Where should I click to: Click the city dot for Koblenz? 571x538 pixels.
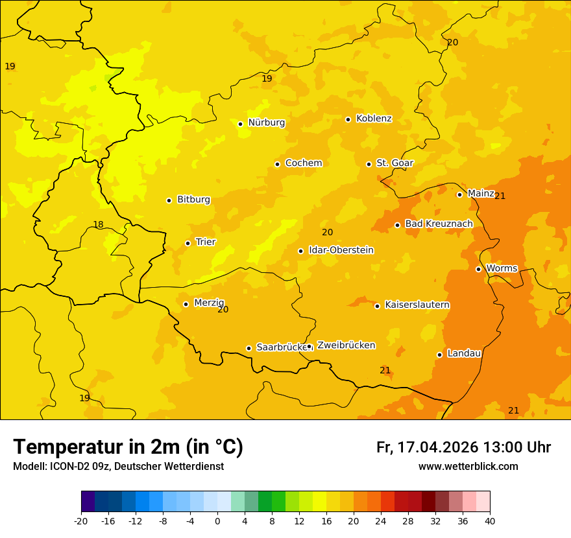tap(348, 119)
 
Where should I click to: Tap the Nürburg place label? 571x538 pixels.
tap(266, 123)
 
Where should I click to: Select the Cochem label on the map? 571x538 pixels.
tap(304, 163)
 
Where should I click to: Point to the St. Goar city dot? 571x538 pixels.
tap(369, 164)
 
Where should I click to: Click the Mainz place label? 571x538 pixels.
tap(481, 194)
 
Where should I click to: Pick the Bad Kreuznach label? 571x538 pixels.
tap(439, 224)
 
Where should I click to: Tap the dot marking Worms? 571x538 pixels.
tap(478, 269)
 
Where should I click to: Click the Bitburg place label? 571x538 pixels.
tap(193, 200)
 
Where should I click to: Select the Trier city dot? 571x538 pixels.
tap(188, 243)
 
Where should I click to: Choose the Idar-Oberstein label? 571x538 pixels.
tap(341, 250)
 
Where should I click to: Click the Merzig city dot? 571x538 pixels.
tap(186, 304)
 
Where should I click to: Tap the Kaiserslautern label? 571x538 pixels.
tap(417, 305)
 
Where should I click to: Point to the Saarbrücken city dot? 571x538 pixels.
tap(249, 348)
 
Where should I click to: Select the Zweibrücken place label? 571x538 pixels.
tap(346, 345)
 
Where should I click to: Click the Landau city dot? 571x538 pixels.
tap(439, 355)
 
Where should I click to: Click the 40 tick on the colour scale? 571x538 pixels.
tap(490, 520)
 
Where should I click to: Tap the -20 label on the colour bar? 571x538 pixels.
tap(81, 520)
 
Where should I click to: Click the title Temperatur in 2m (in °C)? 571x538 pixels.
tap(128, 447)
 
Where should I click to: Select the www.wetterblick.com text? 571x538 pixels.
tap(468, 467)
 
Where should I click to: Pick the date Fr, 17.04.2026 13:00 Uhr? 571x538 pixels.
tap(463, 448)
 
